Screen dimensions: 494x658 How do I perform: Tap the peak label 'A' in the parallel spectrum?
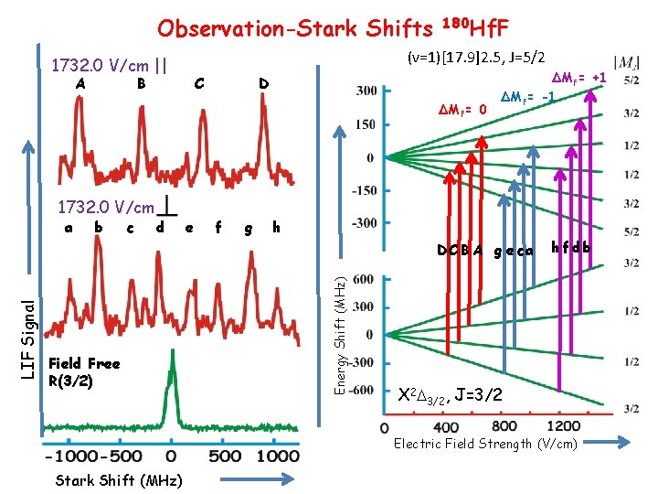click(80, 84)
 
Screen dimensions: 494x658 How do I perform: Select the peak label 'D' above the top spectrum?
click(263, 84)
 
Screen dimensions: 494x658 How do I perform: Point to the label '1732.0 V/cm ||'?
click(109, 66)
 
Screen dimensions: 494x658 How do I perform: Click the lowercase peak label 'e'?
click(188, 227)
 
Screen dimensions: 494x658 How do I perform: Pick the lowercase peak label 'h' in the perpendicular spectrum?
click(276, 227)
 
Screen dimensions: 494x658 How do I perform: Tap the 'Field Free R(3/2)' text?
click(84, 371)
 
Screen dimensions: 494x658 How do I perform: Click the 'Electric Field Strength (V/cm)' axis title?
click(485, 445)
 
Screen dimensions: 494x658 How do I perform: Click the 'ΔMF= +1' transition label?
click(581, 80)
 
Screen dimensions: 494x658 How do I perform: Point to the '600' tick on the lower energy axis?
click(362, 278)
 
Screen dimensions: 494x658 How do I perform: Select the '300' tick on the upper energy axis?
click(366, 91)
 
